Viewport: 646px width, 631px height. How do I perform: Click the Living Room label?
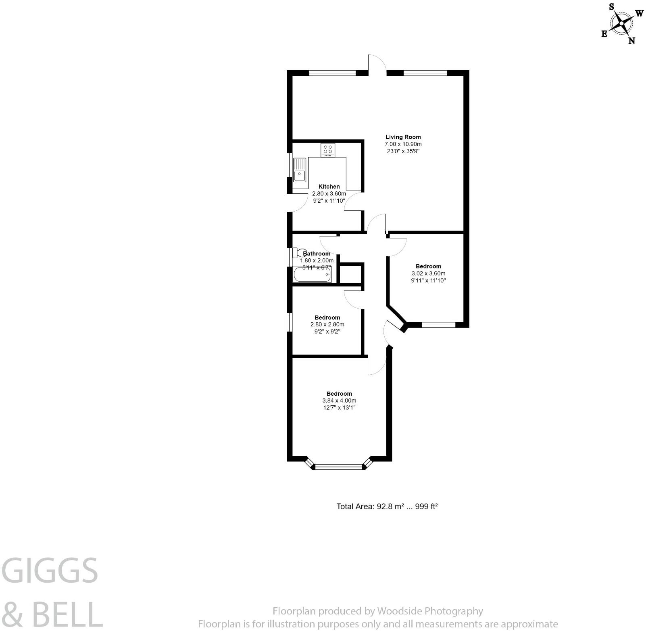(403, 137)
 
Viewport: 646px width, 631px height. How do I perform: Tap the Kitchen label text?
(329, 187)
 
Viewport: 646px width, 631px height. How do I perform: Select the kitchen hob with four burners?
(328, 150)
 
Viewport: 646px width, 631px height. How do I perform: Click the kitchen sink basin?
(299, 176)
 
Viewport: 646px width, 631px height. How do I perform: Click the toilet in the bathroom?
(299, 253)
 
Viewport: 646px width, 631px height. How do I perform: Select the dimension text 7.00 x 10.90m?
(403, 144)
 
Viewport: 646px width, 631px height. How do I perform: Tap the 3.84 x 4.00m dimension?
(339, 401)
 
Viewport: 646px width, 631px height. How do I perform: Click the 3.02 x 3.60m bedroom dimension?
(428, 274)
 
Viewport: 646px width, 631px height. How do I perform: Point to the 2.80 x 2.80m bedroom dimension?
(327, 325)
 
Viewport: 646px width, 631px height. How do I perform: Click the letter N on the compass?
(632, 40)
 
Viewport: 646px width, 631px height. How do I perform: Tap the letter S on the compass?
(611, 6)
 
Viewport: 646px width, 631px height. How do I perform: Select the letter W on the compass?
(640, 14)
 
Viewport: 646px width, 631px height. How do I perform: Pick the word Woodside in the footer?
(399, 611)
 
